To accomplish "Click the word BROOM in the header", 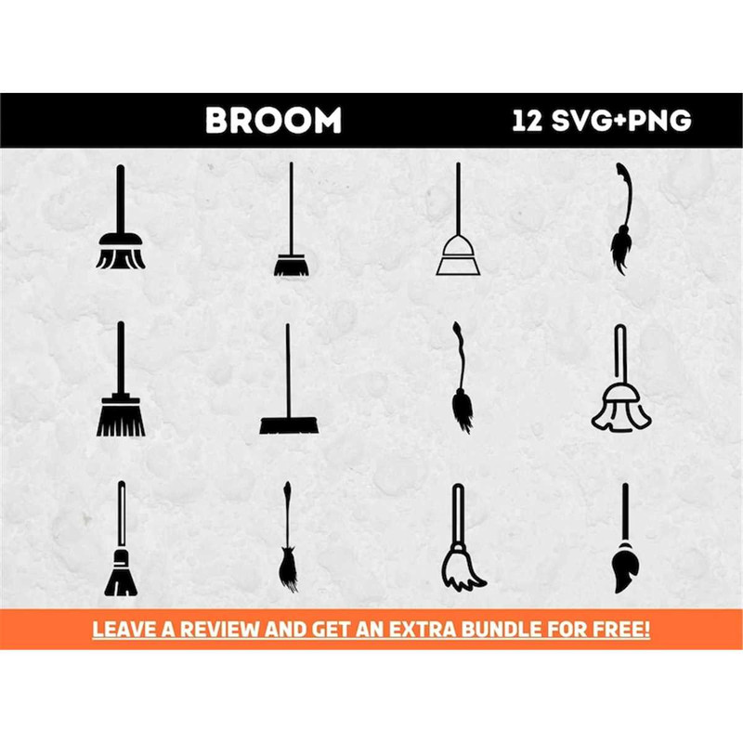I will point(273,121).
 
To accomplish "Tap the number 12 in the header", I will point(528,121).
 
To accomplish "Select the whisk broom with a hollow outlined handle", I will point(121,539).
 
